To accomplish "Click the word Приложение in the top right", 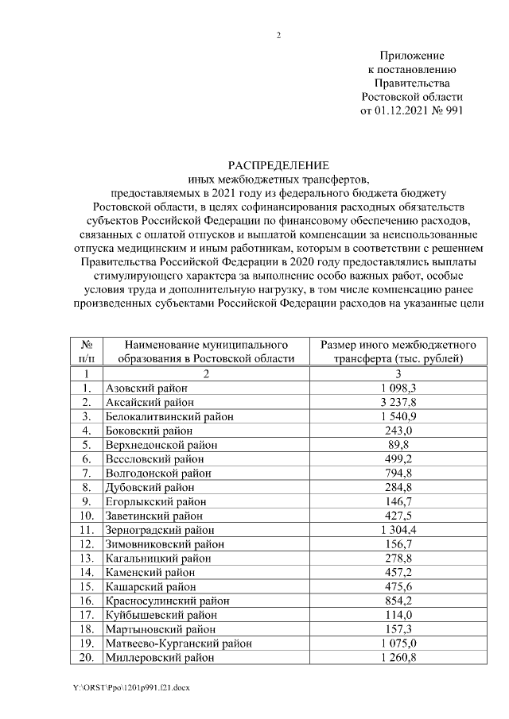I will [411, 55].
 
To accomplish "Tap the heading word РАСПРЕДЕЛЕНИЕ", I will [278, 165].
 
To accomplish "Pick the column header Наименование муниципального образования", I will [205, 351].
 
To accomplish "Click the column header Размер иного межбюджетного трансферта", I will [398, 351].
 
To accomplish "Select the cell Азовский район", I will [146, 388].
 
